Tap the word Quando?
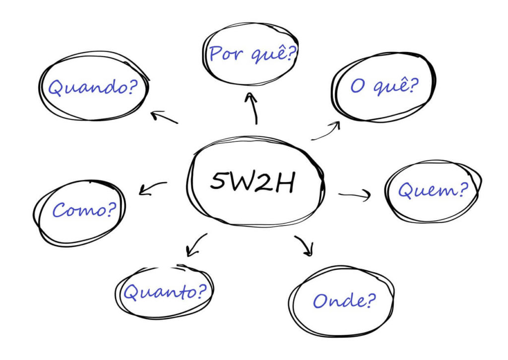click(93, 87)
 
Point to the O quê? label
click(384, 86)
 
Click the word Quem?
click(434, 190)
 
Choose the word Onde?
click(344, 300)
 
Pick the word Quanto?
click(165, 292)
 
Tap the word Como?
click(84, 209)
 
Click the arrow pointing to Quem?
click(354, 195)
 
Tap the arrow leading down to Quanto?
click(196, 245)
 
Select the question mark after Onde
click(371, 300)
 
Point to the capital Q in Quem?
click(405, 190)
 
